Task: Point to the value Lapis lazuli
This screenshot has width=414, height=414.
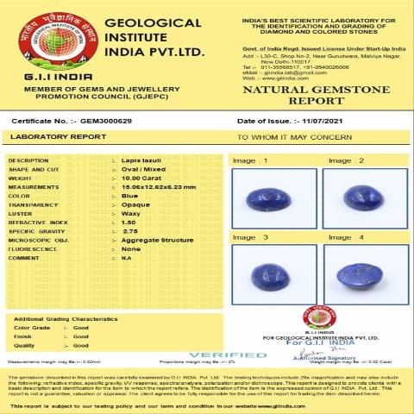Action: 141,160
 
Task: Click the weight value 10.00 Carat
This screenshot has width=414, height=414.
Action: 140,178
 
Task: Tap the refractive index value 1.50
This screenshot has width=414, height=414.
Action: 129,221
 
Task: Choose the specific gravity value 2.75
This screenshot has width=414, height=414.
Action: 129,230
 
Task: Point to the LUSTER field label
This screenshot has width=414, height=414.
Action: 21,212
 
